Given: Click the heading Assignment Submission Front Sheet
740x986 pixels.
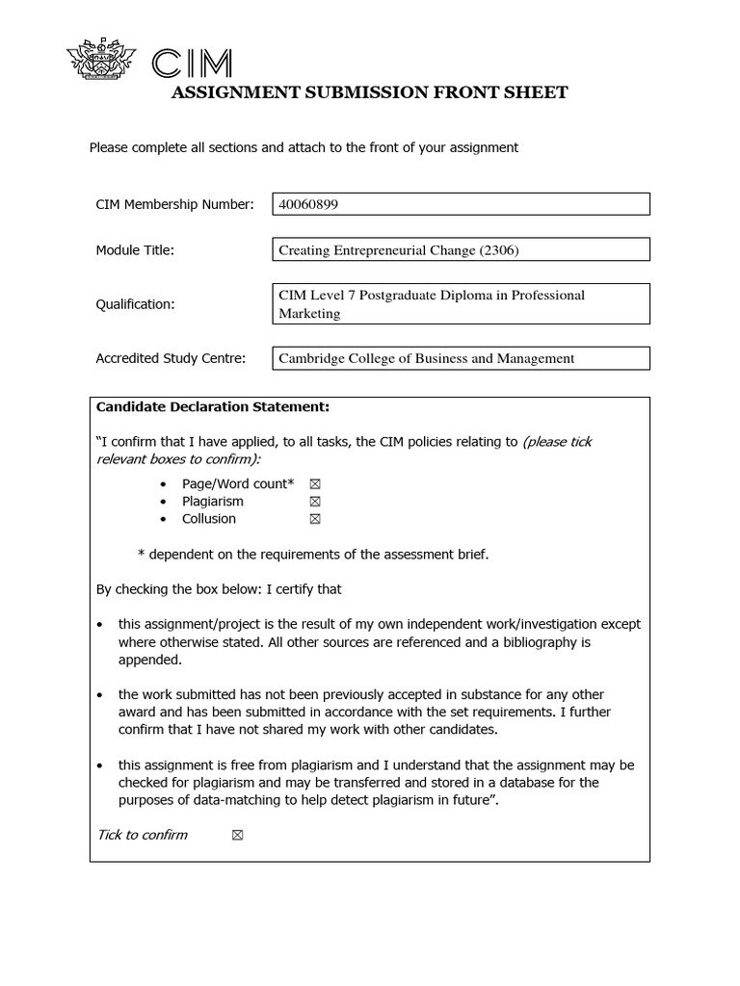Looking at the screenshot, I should click(x=369, y=92).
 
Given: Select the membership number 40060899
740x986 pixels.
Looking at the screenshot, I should click(x=308, y=204).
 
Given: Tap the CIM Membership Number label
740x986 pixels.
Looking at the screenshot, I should click(x=174, y=204).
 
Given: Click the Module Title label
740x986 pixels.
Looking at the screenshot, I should click(x=135, y=250).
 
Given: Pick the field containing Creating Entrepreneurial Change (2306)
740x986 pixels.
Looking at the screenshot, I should click(x=462, y=250).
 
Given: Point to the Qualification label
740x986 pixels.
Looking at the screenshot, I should click(x=135, y=304).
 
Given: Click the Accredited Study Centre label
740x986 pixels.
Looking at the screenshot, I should click(x=171, y=358).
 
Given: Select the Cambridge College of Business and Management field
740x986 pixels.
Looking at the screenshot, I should click(x=462, y=358).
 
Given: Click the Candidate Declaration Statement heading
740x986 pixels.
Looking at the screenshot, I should click(x=213, y=407).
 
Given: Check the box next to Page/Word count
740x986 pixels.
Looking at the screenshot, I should click(x=314, y=483).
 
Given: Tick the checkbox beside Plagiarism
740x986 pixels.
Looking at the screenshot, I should click(x=314, y=502).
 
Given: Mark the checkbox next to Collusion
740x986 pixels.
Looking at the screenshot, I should click(x=314, y=519).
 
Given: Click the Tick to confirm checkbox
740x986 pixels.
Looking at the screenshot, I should click(x=237, y=835).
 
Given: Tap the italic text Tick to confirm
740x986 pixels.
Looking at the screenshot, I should click(x=143, y=835).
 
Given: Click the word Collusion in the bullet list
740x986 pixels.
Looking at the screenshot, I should click(x=208, y=519).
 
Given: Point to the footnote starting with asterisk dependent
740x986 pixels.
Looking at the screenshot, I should click(x=313, y=554).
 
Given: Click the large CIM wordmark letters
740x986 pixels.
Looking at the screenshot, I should click(x=193, y=64).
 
